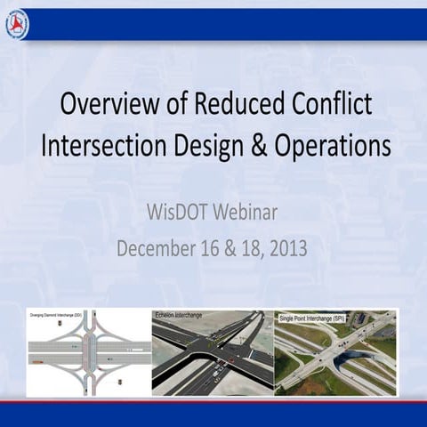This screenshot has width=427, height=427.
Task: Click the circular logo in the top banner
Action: click(17, 24)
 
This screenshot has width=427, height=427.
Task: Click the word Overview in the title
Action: click(105, 105)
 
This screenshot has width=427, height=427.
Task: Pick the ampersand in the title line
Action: click(257, 145)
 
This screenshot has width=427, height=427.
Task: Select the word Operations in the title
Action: click(331, 145)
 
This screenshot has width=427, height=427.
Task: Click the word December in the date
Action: click(158, 248)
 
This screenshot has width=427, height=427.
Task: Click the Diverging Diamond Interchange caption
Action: click(55, 314)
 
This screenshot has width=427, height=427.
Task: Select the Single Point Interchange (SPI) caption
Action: click(309, 314)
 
